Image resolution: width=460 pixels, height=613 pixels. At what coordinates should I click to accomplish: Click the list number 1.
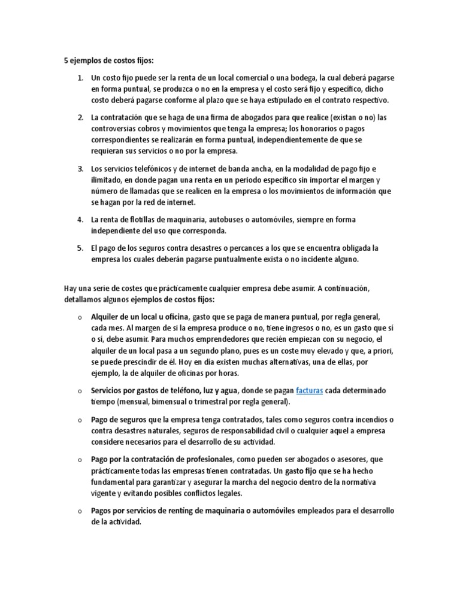[x=80, y=78]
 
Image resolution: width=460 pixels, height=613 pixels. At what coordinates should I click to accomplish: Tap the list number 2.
[x=80, y=117]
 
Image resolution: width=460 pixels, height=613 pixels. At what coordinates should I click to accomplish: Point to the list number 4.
[x=80, y=220]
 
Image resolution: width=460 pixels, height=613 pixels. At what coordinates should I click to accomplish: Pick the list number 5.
[x=80, y=248]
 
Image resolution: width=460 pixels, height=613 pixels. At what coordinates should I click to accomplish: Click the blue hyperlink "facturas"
[x=310, y=390]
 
